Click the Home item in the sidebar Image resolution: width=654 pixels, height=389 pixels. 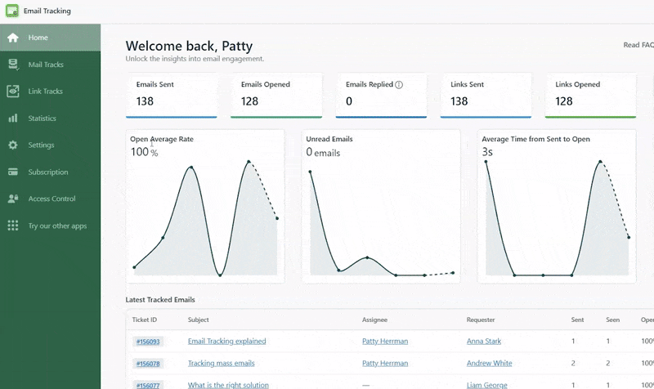(38, 38)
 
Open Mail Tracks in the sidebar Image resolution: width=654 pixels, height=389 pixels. (45, 65)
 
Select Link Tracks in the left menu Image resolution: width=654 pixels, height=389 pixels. (45, 92)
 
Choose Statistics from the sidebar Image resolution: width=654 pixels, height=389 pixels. (42, 118)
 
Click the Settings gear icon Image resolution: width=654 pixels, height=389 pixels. (13, 145)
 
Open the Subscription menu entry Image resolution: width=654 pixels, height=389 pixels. (47, 172)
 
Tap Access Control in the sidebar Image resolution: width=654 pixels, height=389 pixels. (52, 199)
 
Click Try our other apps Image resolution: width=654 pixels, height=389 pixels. (57, 226)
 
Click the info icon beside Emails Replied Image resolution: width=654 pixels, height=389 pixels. (399, 84)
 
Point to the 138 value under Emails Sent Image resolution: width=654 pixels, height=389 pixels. (146, 101)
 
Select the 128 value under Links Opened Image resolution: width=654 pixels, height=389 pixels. (564, 101)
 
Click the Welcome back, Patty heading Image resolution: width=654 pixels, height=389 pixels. (189, 46)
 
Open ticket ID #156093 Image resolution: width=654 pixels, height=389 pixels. (148, 342)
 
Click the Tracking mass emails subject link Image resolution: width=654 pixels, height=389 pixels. (221, 363)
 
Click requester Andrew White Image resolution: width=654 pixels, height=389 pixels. (489, 363)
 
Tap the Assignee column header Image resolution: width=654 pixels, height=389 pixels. (375, 320)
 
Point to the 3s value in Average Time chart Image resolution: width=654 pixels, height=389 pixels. (487, 152)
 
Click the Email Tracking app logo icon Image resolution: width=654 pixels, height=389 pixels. (11, 11)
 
